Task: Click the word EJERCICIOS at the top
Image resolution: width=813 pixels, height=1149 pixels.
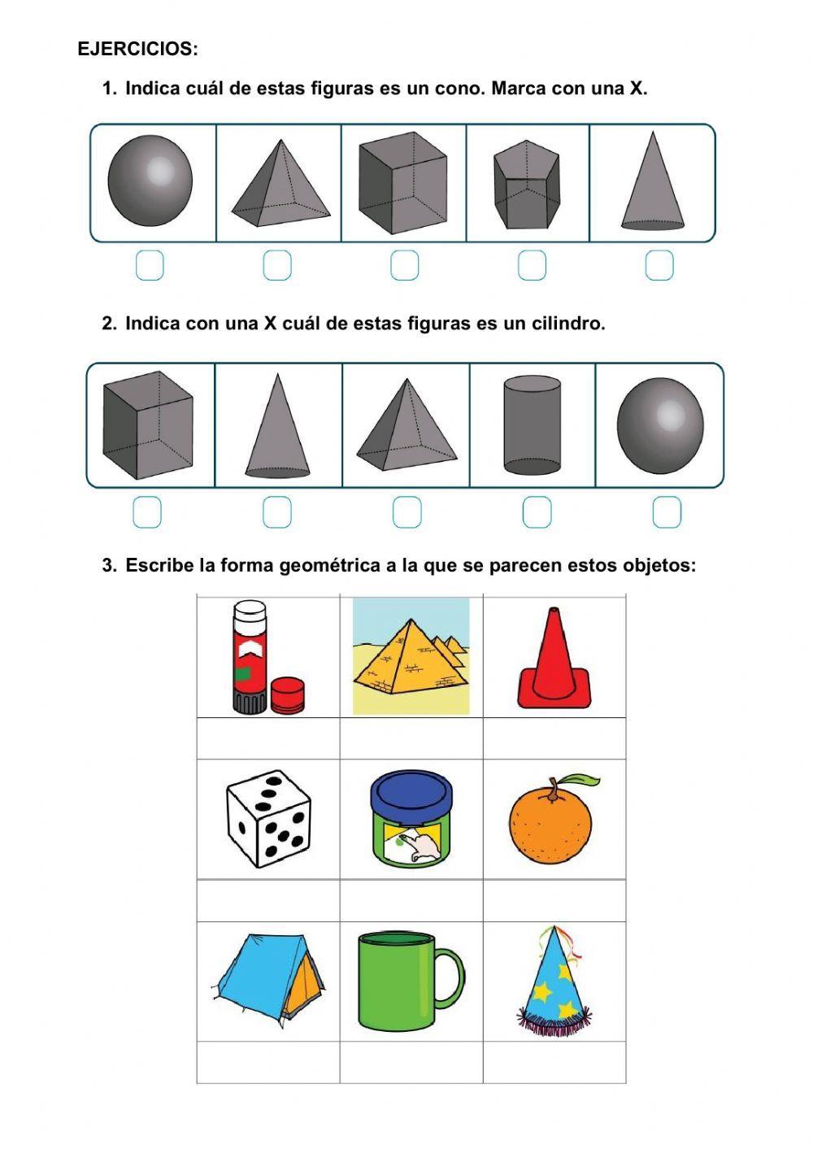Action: tap(137, 50)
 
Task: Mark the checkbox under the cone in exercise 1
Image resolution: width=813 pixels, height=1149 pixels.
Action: tap(659, 265)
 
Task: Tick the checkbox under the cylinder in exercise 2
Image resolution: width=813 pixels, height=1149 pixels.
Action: tap(537, 512)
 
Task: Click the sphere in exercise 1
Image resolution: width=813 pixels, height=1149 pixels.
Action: tap(150, 181)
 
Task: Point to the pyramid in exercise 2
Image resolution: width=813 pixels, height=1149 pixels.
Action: tap(407, 427)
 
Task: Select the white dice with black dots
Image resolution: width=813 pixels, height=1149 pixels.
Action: tap(267, 818)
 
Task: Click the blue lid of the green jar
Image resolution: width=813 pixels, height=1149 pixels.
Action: tap(411, 788)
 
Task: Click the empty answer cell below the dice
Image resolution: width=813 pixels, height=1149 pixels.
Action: tap(267, 900)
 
